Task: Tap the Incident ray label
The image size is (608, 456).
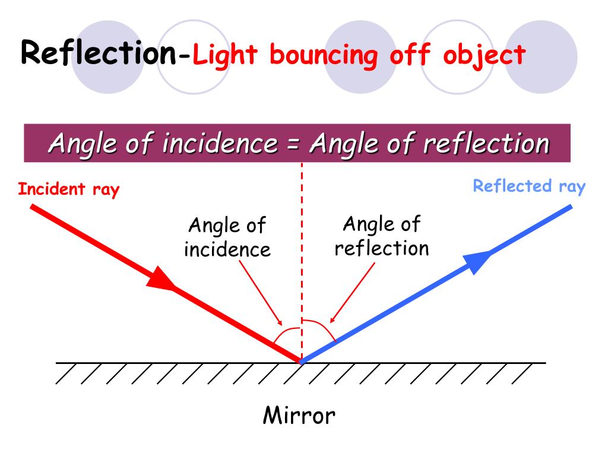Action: (x=69, y=189)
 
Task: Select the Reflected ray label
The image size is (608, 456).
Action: (x=529, y=186)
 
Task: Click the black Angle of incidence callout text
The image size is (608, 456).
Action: (x=227, y=237)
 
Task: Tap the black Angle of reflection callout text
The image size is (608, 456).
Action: (x=381, y=236)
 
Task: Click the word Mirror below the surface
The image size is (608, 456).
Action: (x=299, y=415)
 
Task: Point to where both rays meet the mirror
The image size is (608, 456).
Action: (x=301, y=362)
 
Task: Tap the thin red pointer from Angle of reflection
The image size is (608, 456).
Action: (x=353, y=291)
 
